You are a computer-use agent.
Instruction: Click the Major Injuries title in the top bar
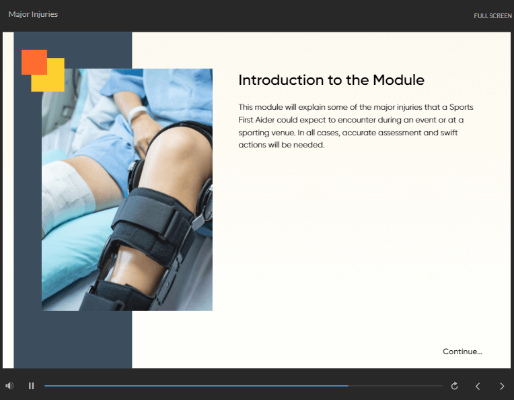pos(33,14)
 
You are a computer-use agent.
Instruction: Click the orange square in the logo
pos(34,62)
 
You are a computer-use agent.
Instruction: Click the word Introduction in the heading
pos(281,79)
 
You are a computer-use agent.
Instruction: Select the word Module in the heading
pos(398,79)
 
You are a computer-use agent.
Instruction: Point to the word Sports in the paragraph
pos(462,107)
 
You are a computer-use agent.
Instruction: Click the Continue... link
pos(462,352)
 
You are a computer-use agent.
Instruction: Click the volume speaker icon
pos(9,386)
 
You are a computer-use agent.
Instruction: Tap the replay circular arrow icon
pos(454,386)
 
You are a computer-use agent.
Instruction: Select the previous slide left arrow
pos(478,387)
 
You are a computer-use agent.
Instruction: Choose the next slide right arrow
pos(502,387)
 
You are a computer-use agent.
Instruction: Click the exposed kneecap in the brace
pos(177,154)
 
